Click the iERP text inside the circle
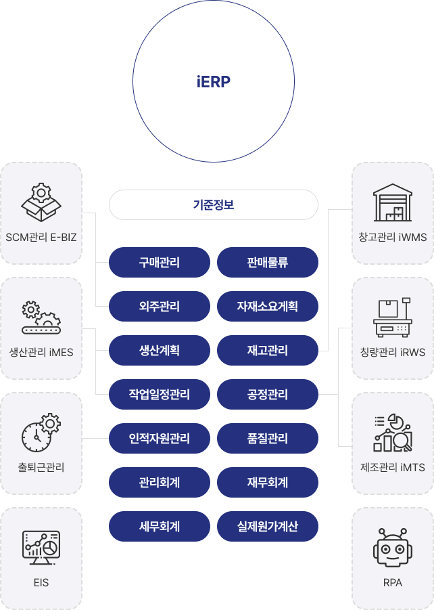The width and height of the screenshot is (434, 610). [x=214, y=82]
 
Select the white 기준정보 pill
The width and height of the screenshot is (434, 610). [x=214, y=204]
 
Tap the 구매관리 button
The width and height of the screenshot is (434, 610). [x=160, y=262]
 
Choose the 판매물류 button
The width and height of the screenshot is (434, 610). [x=268, y=262]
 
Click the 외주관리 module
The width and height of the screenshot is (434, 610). [x=160, y=306]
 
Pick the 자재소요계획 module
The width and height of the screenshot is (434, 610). [x=268, y=306]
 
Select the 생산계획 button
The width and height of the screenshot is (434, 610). [x=160, y=350]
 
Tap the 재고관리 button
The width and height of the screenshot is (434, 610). [x=268, y=350]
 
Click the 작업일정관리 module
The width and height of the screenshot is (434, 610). [x=160, y=394]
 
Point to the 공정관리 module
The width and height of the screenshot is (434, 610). [x=268, y=394]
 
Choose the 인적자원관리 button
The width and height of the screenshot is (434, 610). [x=160, y=438]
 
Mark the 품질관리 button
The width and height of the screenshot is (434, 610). [x=268, y=438]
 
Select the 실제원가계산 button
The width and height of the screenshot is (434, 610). [x=268, y=526]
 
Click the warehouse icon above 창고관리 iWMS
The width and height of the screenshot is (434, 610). [x=393, y=202]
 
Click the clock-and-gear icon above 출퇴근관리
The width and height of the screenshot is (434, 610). [x=41, y=433]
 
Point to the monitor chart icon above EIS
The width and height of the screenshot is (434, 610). [x=41, y=548]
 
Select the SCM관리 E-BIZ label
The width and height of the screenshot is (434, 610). [x=41, y=238]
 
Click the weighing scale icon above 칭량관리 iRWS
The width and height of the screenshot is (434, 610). [x=393, y=318]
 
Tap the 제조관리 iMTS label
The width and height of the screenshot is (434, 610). [x=393, y=468]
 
